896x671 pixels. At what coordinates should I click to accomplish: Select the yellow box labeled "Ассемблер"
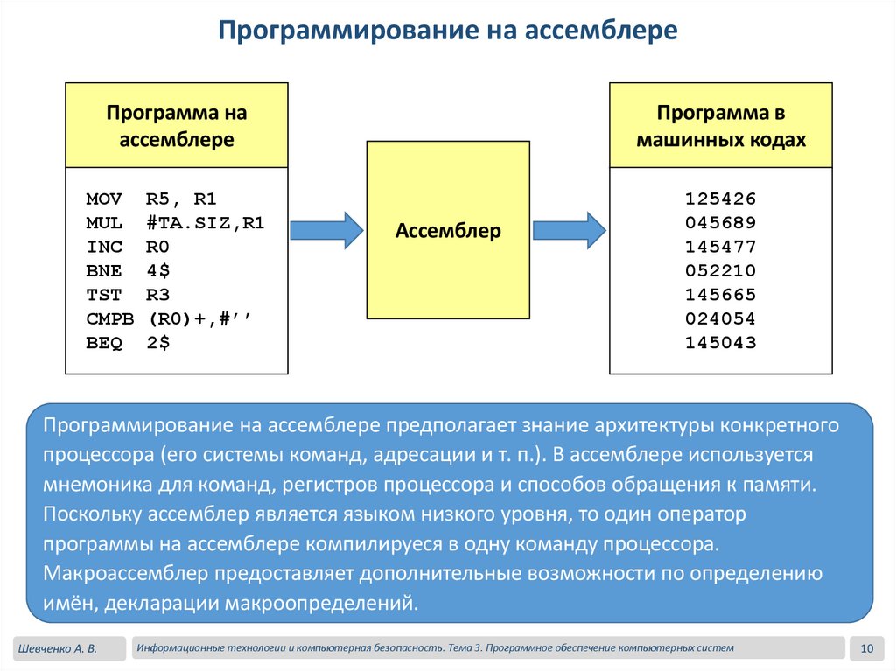pos(448,231)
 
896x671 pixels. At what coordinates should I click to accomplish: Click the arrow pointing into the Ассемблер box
pos(325,230)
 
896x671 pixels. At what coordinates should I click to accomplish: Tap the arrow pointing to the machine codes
pos(569,230)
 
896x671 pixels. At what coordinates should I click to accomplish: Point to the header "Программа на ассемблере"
pos(177,126)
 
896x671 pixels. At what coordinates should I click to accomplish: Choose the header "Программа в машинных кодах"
pos(720,126)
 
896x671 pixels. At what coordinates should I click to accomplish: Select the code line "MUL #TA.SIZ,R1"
pos(175,222)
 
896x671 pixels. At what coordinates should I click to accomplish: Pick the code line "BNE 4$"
pos(128,270)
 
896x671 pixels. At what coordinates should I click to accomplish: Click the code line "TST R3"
pos(128,295)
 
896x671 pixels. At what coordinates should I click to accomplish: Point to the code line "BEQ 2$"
pos(128,343)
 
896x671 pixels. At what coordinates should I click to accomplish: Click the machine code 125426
pos(720,198)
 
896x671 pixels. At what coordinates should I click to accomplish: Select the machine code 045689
pos(720,222)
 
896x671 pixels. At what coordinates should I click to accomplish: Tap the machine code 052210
pos(720,270)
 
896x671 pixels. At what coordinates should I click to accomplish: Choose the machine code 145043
pos(720,343)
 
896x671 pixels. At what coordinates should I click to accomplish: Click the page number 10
pos(868,648)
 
